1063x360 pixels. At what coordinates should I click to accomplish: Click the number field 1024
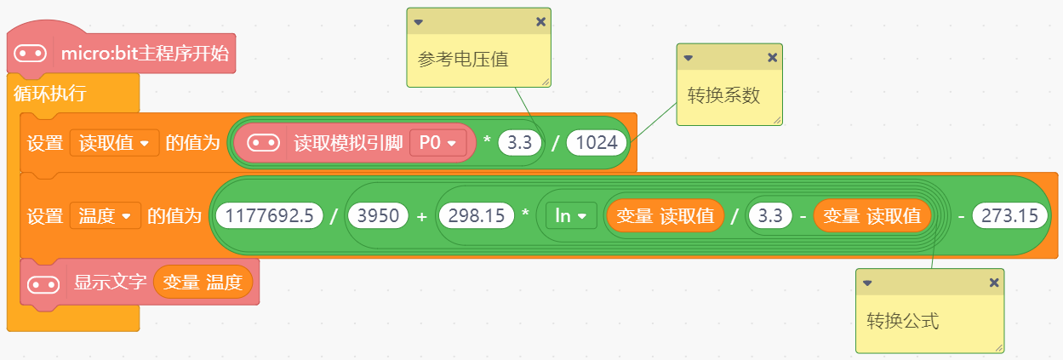[x=597, y=143]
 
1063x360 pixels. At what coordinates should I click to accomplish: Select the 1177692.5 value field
[x=269, y=216]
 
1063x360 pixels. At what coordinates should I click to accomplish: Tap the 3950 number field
[x=378, y=216]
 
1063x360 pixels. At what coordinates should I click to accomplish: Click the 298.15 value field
[x=476, y=216]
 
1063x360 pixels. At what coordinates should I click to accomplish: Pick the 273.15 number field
[x=1009, y=216]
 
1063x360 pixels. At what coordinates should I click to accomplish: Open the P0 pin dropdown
[x=437, y=143]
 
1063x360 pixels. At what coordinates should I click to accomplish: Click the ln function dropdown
[x=570, y=216]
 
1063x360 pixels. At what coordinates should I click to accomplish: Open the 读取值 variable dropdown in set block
[x=115, y=143]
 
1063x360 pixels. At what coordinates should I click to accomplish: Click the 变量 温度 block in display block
[x=203, y=282]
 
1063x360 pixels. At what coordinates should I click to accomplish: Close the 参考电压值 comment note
[x=540, y=22]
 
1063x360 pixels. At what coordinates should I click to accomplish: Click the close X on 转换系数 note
[x=772, y=58]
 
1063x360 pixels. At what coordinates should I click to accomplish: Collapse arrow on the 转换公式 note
[x=866, y=283]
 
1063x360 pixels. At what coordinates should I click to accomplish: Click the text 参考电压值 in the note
[x=463, y=60]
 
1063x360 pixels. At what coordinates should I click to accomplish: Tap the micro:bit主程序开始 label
[x=145, y=54]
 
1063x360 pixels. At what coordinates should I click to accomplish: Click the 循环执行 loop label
[x=49, y=94]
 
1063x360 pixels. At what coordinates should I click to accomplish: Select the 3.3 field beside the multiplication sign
[x=520, y=143]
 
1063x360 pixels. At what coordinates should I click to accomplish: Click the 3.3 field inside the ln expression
[x=769, y=216]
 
